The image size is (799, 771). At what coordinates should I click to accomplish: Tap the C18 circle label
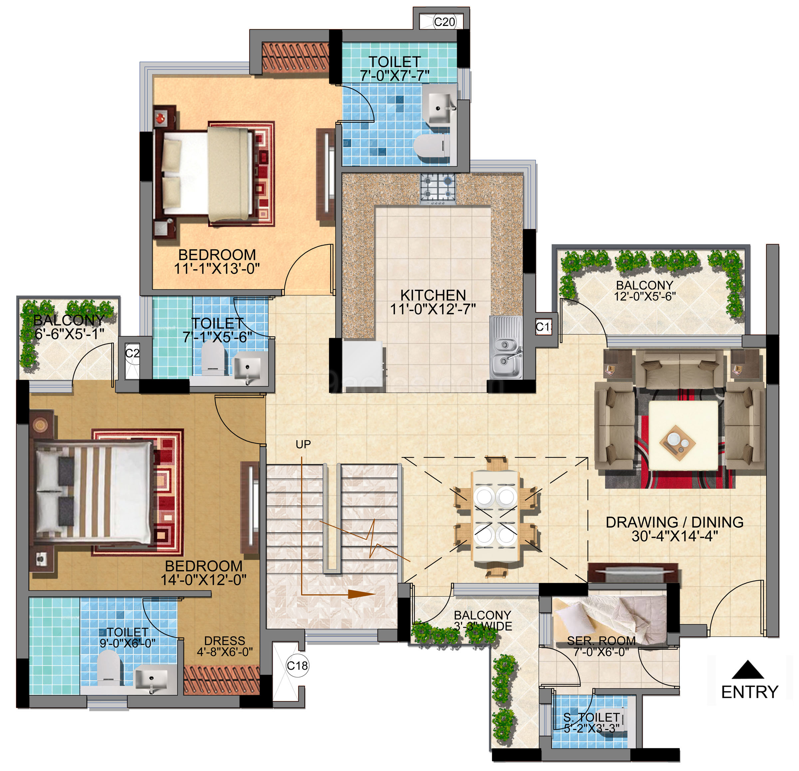point(297,666)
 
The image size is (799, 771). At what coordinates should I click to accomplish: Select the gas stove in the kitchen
point(438,189)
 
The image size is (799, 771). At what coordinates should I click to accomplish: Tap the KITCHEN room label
point(433,295)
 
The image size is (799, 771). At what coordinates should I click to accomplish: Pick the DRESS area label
point(225,641)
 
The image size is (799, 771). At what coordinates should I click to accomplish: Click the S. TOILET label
point(592,717)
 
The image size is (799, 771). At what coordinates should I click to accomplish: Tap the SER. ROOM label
point(601,641)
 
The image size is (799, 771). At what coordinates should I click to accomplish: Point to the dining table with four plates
point(495,516)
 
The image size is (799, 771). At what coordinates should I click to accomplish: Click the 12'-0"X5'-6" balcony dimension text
point(645,297)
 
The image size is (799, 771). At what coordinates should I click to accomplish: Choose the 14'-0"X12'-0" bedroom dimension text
point(203,580)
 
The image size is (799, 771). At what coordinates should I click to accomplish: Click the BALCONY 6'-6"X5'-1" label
point(69,327)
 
